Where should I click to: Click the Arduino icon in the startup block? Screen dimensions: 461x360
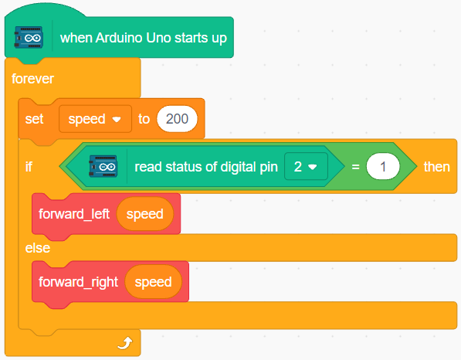pyautogui.click(x=29, y=37)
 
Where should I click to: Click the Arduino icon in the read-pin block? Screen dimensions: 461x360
pyautogui.click(x=103, y=166)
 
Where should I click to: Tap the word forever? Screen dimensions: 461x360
pyautogui.click(x=32, y=79)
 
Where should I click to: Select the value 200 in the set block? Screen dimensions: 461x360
pyautogui.click(x=177, y=119)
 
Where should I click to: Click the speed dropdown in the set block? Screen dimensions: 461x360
pyautogui.click(x=95, y=119)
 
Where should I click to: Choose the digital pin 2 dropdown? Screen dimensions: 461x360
pyautogui.click(x=306, y=166)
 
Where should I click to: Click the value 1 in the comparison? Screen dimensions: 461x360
pyautogui.click(x=383, y=166)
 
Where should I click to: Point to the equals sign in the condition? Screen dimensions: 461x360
pyautogui.click(x=355, y=167)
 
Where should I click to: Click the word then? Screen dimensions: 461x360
pyautogui.click(x=436, y=167)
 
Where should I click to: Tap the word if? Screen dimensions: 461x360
pyautogui.click(x=29, y=167)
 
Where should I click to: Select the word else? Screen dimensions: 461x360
pyautogui.click(x=38, y=248)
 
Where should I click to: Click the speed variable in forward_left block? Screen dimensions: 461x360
pyautogui.click(x=145, y=214)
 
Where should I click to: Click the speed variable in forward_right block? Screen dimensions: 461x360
pyautogui.click(x=153, y=282)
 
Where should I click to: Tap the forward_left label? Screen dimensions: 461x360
pyautogui.click(x=74, y=214)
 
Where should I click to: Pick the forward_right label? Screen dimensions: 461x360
pyautogui.click(x=78, y=282)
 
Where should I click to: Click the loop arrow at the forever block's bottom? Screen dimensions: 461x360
pyautogui.click(x=125, y=343)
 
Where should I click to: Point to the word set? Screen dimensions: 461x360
pyautogui.click(x=34, y=119)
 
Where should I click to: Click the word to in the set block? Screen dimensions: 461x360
pyautogui.click(x=144, y=119)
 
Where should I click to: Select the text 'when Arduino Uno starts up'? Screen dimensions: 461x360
pyautogui.click(x=144, y=38)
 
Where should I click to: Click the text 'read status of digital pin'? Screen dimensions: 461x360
pyautogui.click(x=206, y=167)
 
